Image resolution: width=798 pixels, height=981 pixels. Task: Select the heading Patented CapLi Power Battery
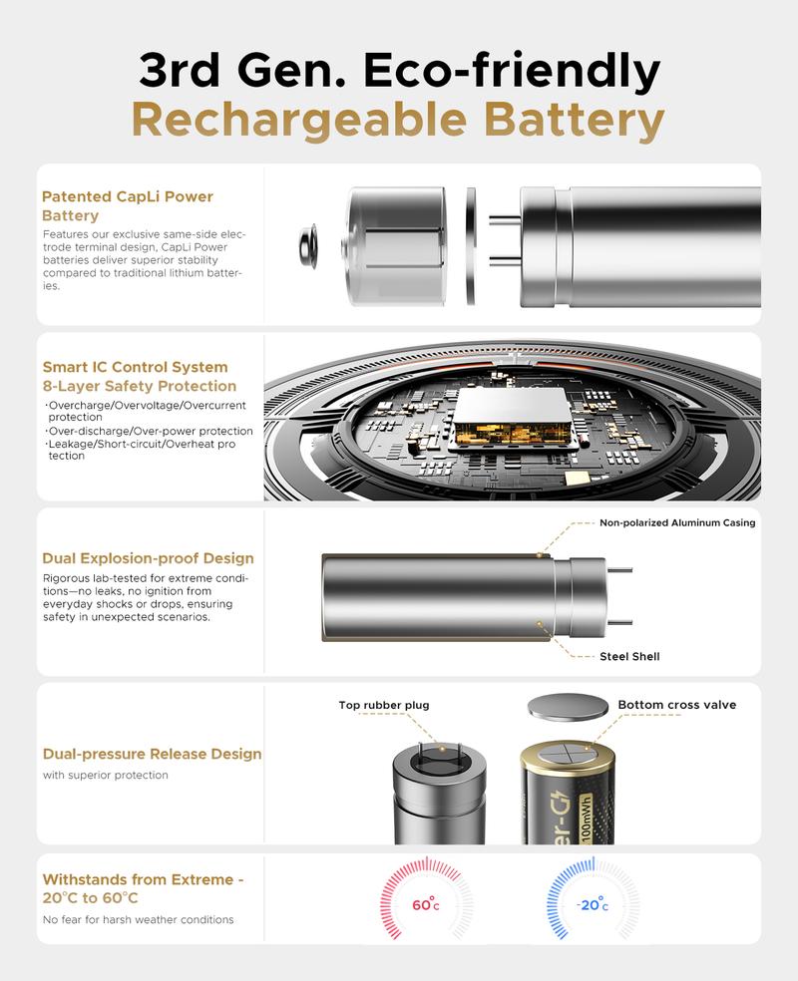pyautogui.click(x=128, y=205)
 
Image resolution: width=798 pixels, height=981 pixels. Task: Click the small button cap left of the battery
pyautogui.click(x=308, y=244)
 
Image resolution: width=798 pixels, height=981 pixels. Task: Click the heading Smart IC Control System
pyautogui.click(x=135, y=367)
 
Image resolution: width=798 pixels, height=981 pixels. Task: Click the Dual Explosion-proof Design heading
pyautogui.click(x=148, y=558)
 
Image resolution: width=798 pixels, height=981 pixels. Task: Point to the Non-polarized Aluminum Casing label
pyautogui.click(x=676, y=522)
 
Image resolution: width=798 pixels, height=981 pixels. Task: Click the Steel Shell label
pyautogui.click(x=629, y=656)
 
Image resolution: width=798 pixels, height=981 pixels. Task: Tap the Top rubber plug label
pyautogui.click(x=384, y=705)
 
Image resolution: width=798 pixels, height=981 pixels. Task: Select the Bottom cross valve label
pyautogui.click(x=676, y=705)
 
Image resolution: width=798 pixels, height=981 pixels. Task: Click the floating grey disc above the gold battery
pyautogui.click(x=568, y=708)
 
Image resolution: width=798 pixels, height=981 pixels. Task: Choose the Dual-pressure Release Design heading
pyautogui.click(x=152, y=754)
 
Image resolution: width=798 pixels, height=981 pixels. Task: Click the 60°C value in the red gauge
pyautogui.click(x=425, y=906)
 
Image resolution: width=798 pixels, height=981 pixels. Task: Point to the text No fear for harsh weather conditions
pyautogui.click(x=138, y=919)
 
